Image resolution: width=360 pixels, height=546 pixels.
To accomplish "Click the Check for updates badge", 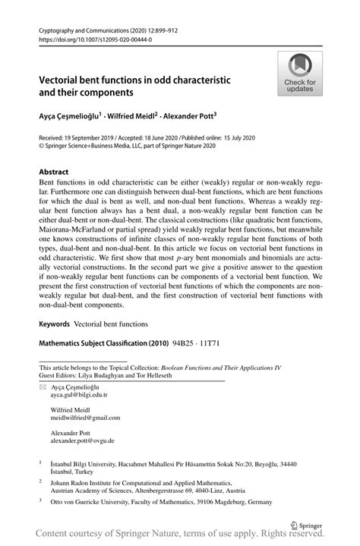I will coord(300,73).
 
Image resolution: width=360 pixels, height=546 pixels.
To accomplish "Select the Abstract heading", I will coord(54,172).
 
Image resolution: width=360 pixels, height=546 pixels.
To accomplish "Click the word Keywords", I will coord(54,323).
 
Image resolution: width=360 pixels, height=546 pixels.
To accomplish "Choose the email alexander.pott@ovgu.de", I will coord(83,440).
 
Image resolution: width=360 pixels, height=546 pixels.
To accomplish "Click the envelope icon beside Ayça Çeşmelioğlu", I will coord(43,387).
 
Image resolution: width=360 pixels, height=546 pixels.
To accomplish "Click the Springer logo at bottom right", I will coord(307,524).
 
